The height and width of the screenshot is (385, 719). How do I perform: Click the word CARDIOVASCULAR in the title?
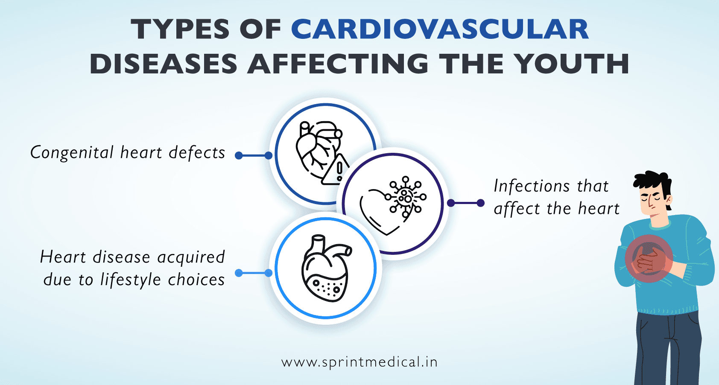tap(440, 30)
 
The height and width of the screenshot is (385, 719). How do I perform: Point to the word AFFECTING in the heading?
tap(338, 64)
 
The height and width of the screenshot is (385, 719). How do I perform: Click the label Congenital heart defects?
tap(128, 153)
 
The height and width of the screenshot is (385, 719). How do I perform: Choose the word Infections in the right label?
tap(532, 186)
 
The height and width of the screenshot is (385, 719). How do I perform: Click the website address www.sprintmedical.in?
tap(359, 362)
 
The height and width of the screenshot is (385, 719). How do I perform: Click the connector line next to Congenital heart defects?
tap(254, 156)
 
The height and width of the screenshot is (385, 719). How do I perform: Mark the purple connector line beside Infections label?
tap(465, 203)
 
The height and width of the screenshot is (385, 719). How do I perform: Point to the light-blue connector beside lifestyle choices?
tap(254, 273)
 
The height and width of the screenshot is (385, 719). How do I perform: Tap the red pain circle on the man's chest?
tap(649, 258)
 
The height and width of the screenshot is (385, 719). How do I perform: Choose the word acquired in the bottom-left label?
tap(191, 257)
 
